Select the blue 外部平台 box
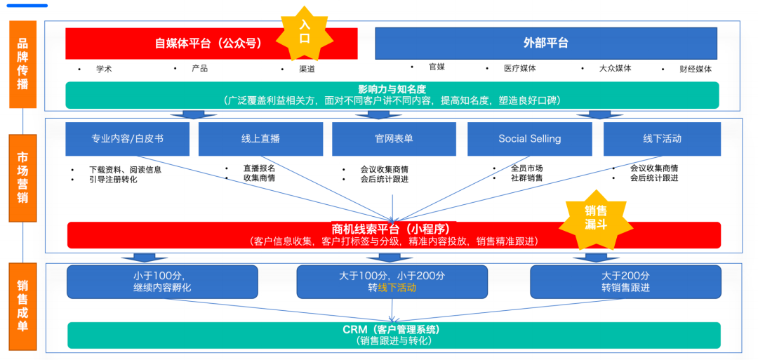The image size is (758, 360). pyautogui.click(x=545, y=44)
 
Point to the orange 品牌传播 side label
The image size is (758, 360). pyautogui.click(x=23, y=65)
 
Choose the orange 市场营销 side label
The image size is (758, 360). pyautogui.click(x=23, y=179)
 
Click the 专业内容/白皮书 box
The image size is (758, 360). pyautogui.click(x=127, y=139)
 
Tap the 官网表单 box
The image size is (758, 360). pyautogui.click(x=394, y=139)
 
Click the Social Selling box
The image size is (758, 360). pyautogui.click(x=529, y=139)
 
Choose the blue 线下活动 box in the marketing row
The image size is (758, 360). pyautogui.click(x=662, y=139)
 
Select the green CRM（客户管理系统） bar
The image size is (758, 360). pyautogui.click(x=394, y=335)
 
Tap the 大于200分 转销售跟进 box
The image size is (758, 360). pyautogui.click(x=625, y=281)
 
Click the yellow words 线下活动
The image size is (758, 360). pyautogui.click(x=397, y=288)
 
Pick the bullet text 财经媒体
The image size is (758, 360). pyautogui.click(x=695, y=69)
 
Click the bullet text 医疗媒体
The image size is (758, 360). pyautogui.click(x=519, y=68)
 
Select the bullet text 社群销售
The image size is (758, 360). pyautogui.click(x=526, y=178)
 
